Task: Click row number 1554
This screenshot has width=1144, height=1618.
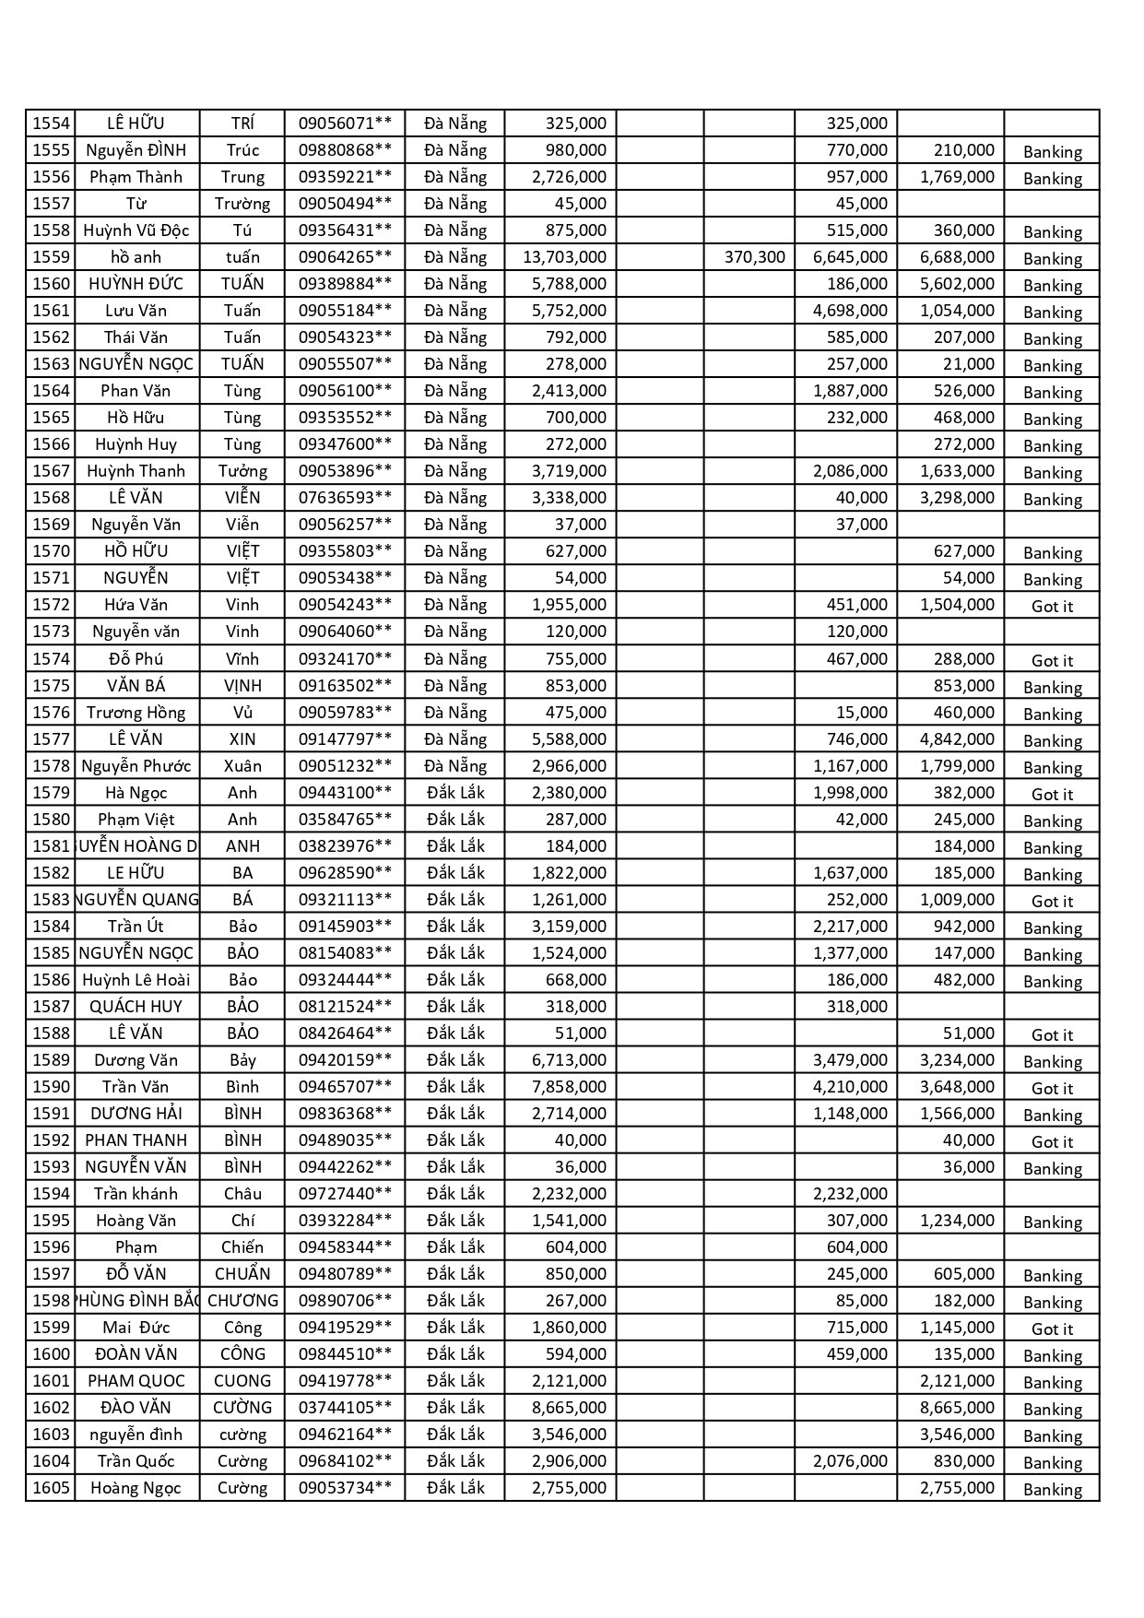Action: coord(51,124)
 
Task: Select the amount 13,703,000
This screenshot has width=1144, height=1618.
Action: coord(564,257)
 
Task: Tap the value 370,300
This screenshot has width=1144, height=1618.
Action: coord(754,257)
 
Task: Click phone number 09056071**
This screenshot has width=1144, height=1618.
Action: coord(345,124)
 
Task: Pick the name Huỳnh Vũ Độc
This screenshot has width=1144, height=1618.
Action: coord(136,230)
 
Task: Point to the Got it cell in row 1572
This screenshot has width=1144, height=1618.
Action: coord(1052,607)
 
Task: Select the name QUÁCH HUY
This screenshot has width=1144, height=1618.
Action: coord(136,1007)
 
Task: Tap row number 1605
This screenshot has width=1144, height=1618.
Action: coord(51,1488)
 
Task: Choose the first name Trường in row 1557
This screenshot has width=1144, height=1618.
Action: coord(242,204)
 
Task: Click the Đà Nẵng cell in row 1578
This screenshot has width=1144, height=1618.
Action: coord(455,766)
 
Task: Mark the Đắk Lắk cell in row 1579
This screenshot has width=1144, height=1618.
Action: coord(455,793)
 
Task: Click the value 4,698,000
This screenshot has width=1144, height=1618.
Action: coord(850,311)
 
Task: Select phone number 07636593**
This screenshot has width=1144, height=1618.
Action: coord(345,498)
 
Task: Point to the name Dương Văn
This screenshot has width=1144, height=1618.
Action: coord(136,1060)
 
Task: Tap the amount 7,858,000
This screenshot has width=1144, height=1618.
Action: coord(569,1087)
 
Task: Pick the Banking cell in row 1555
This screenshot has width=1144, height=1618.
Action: coord(1052,152)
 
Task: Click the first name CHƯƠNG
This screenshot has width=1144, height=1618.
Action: coord(242,1301)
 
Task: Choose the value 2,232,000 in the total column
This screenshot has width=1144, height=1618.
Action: coord(569,1194)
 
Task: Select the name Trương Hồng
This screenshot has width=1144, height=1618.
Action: coord(136,713)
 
